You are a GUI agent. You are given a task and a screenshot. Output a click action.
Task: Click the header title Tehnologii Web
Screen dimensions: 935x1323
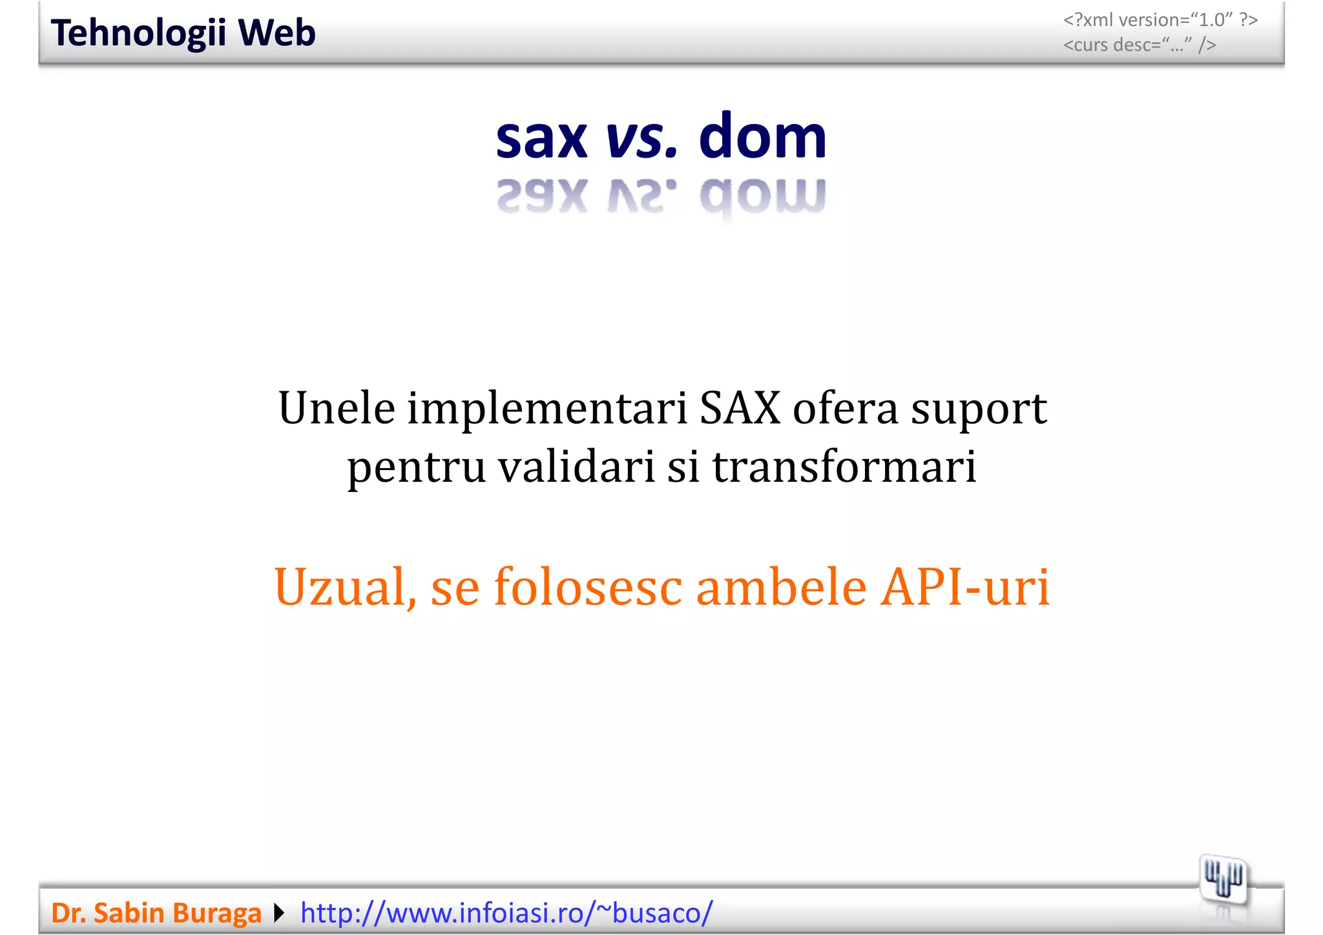click(183, 33)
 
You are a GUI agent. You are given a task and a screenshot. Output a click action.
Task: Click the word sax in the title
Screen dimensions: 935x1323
click(541, 138)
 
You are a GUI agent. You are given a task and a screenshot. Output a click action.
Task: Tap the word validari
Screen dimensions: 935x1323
click(577, 467)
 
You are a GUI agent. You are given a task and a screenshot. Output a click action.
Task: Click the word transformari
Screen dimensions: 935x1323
click(844, 467)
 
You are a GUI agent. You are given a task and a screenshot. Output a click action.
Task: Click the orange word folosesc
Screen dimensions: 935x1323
click(588, 586)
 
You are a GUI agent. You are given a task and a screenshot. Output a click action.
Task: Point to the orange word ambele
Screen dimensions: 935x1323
click(781, 586)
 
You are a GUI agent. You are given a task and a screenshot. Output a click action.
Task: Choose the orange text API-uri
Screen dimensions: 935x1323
click(965, 586)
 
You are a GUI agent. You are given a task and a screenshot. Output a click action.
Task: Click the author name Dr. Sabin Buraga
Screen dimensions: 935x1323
click(156, 913)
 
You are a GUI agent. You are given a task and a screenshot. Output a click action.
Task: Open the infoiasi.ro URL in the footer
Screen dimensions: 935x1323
click(506, 913)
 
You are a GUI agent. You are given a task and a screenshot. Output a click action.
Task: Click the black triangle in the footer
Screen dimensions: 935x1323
click(279, 913)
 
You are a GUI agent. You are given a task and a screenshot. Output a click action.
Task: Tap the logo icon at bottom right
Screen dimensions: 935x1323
click(1224, 880)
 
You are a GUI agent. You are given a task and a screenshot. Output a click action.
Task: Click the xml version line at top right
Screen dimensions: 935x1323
click(1160, 20)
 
